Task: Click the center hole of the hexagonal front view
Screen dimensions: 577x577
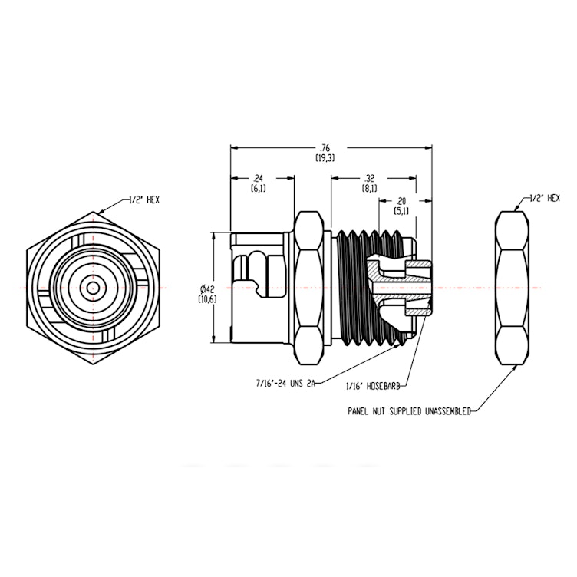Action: [93, 288]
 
